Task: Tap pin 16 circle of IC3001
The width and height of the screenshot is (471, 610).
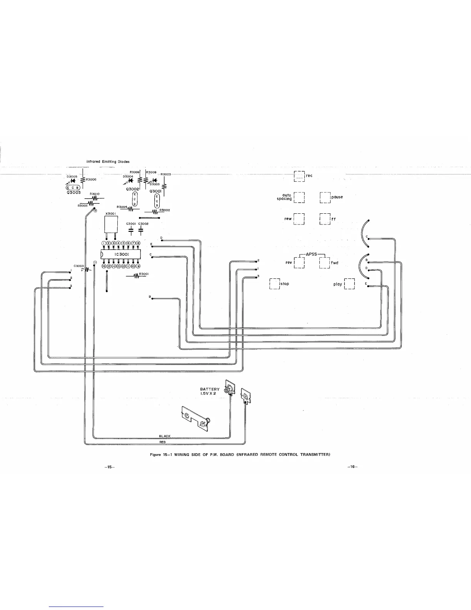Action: tap(104, 266)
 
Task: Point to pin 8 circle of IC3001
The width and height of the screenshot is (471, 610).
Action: tap(138, 243)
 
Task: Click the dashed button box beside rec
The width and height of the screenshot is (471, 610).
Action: tap(299, 176)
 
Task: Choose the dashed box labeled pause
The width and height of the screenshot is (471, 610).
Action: tap(325, 197)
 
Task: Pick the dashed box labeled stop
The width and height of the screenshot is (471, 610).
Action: tap(274, 283)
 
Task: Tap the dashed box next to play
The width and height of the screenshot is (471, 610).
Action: tap(349, 284)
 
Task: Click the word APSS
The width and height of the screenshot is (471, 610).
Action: tap(311, 254)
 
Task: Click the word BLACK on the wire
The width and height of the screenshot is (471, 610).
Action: tap(165, 436)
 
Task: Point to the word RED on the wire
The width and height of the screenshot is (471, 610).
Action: tap(162, 442)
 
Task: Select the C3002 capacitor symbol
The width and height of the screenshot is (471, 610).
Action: tap(141, 231)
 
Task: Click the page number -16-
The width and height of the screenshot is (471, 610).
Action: tap(352, 467)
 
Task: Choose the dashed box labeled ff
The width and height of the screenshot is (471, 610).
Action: tap(325, 219)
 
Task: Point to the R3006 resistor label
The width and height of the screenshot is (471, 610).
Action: tap(91, 179)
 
